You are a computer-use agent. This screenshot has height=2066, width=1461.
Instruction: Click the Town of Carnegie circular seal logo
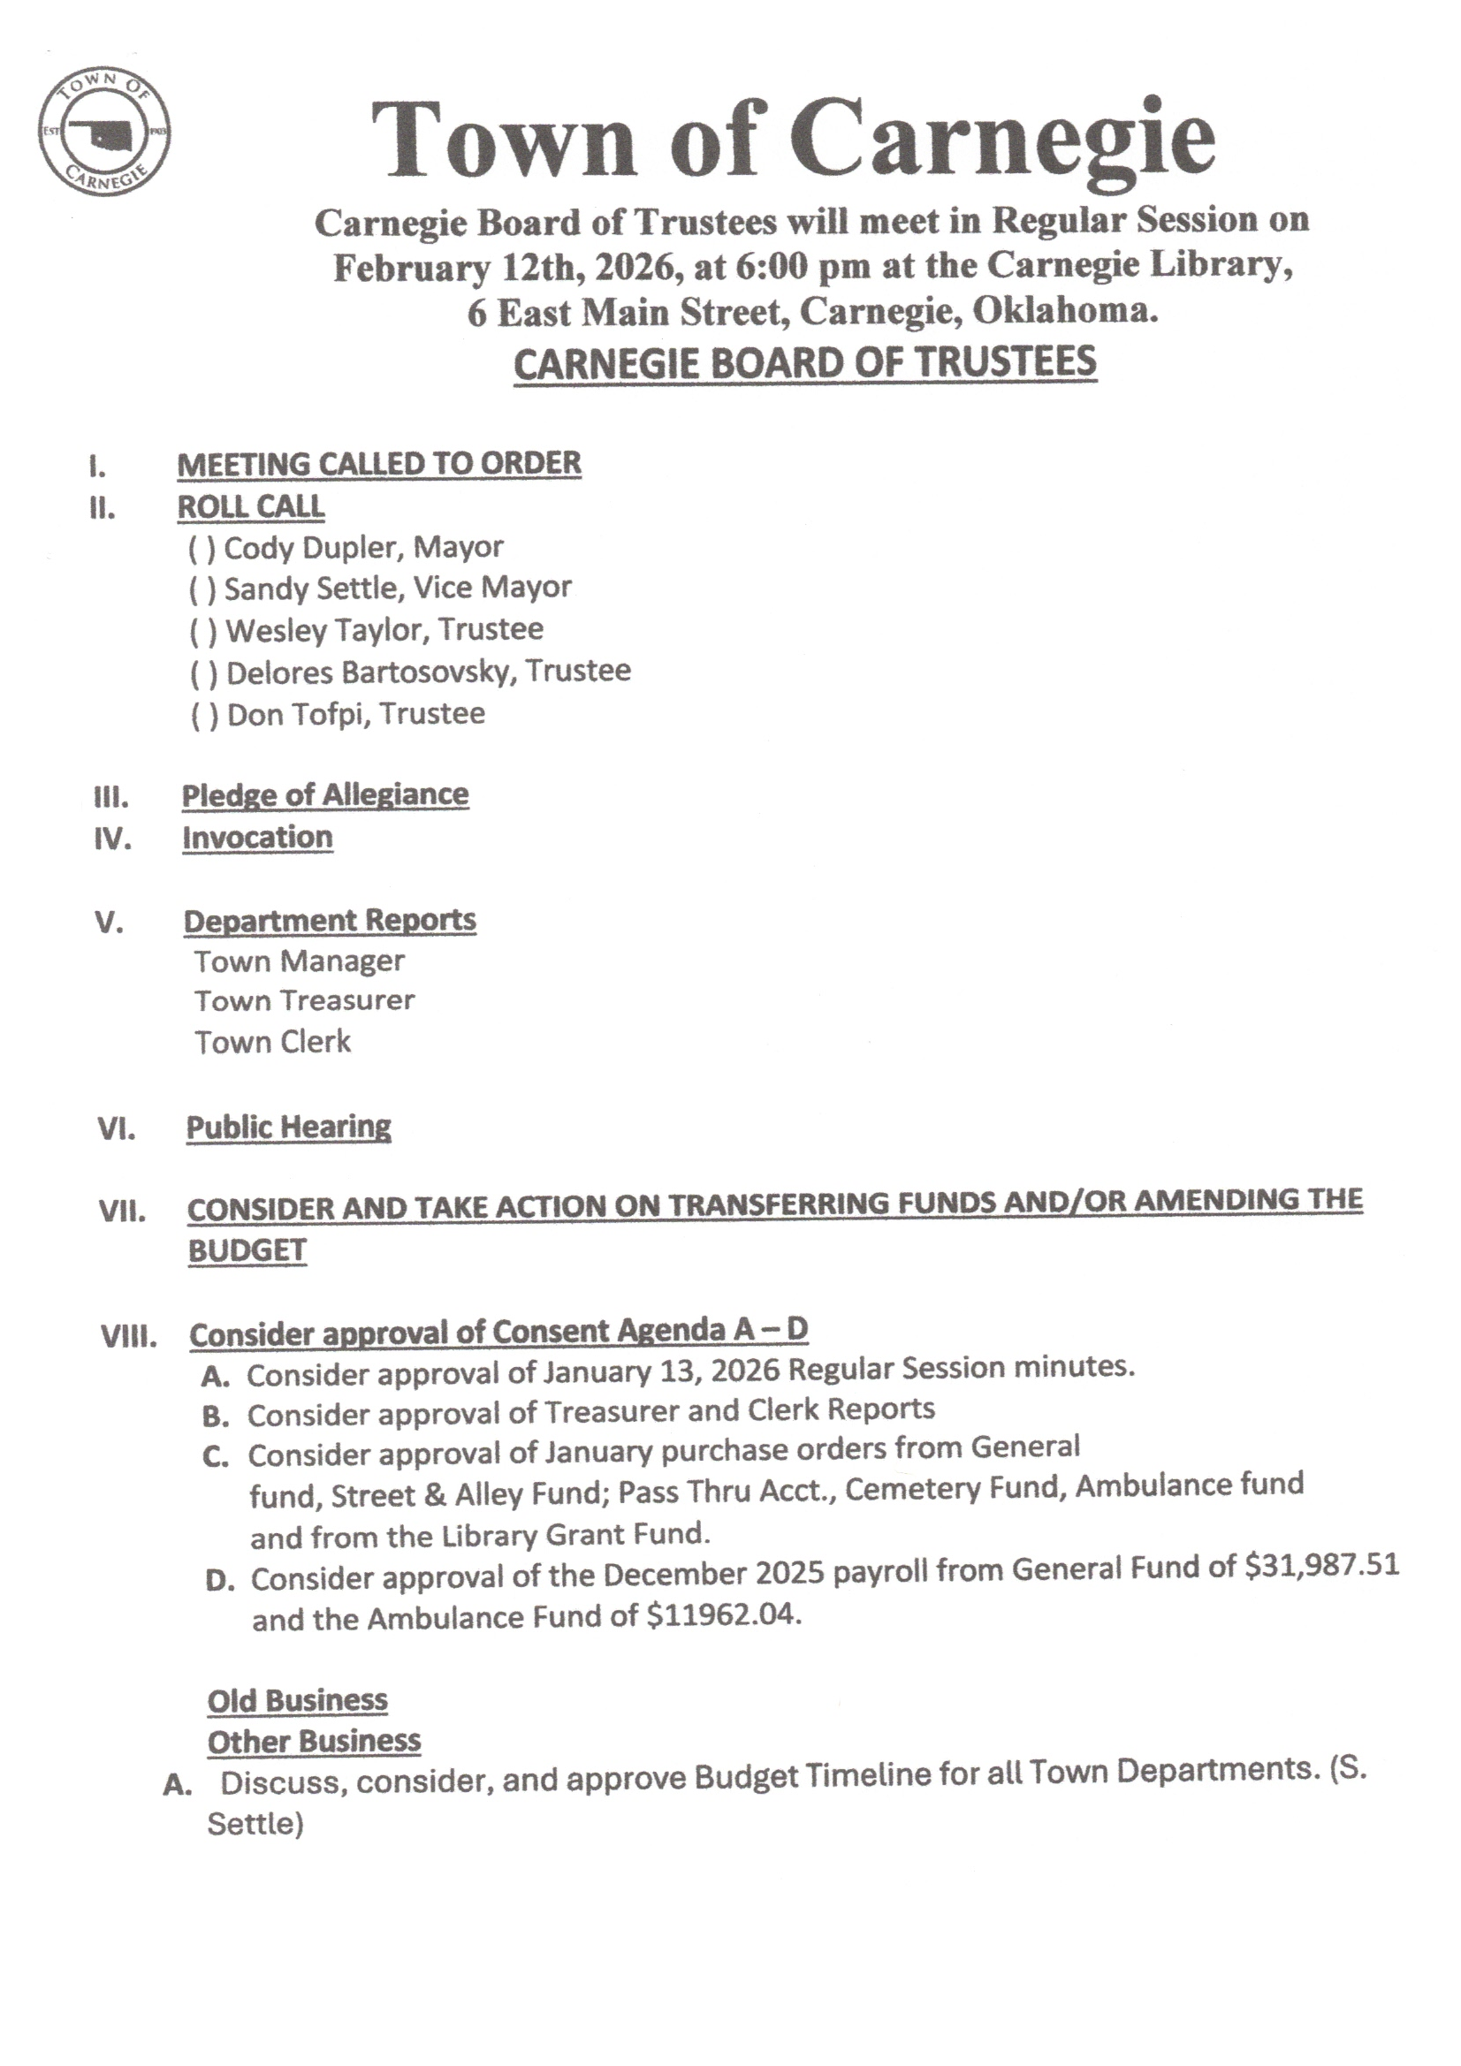[104, 133]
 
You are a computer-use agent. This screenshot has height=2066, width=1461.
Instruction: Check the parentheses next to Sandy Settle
[202, 589]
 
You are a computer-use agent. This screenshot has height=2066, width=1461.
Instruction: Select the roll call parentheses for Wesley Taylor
[203, 632]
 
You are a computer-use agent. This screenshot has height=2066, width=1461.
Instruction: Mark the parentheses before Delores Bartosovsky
[204, 674]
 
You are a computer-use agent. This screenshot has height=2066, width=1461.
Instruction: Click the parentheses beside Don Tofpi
[204, 717]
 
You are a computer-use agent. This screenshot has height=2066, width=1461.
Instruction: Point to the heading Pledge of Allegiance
[325, 794]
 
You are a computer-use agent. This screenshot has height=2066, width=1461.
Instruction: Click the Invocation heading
[257, 838]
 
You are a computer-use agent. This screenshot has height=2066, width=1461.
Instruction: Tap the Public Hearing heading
[289, 1127]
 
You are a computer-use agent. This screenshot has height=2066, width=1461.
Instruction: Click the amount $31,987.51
[1321, 1566]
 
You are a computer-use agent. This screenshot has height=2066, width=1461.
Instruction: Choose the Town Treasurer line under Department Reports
[304, 1000]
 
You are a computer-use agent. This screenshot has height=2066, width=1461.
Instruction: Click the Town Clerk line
[273, 1042]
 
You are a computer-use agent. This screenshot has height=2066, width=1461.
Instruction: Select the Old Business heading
[297, 1701]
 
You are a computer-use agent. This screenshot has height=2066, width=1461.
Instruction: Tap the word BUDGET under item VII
[247, 1250]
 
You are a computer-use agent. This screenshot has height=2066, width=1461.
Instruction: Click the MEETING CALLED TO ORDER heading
[379, 464]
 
